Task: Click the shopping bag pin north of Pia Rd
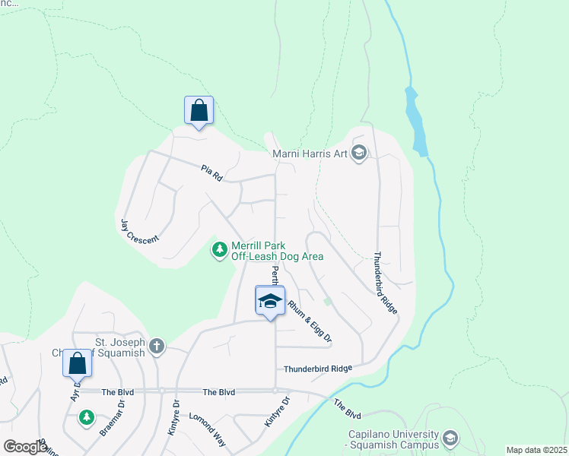click(x=199, y=110)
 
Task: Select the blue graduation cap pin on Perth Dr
click(x=270, y=302)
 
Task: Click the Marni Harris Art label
click(x=310, y=154)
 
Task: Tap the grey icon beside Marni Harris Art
click(x=360, y=154)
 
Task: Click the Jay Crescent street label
click(x=140, y=231)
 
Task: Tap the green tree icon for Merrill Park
click(x=220, y=249)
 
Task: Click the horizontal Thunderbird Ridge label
click(x=318, y=369)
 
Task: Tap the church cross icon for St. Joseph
click(x=157, y=347)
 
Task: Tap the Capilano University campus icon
click(x=450, y=439)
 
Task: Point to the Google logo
click(x=25, y=447)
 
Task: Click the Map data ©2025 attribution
click(x=536, y=450)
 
